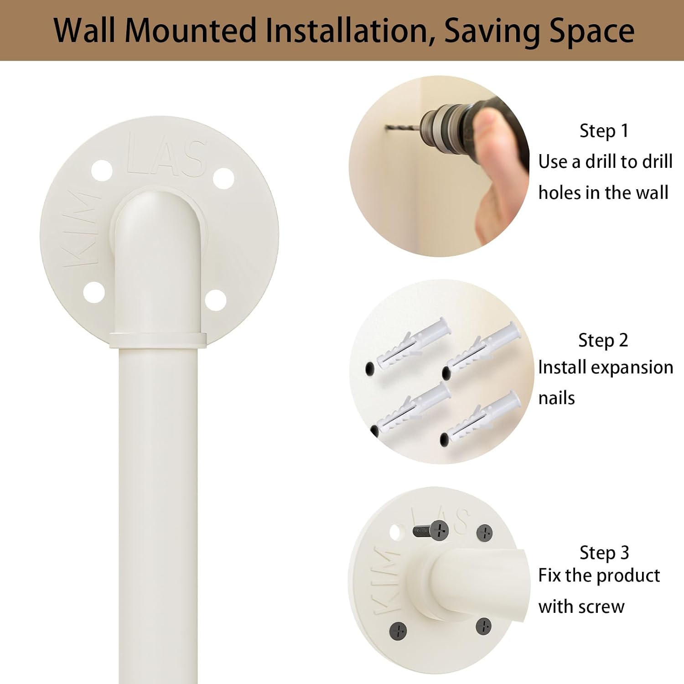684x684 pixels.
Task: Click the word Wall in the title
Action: (x=84, y=30)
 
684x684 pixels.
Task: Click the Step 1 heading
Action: (x=604, y=131)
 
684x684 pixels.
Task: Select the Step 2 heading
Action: (x=603, y=341)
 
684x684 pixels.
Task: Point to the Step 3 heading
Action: (x=604, y=553)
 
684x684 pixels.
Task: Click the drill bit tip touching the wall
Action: (x=387, y=128)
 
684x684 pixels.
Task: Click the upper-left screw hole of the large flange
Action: (x=102, y=171)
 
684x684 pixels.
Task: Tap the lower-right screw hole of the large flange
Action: (x=215, y=300)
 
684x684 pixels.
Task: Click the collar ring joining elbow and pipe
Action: (x=158, y=340)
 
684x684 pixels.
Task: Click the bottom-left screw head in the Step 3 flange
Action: (x=398, y=631)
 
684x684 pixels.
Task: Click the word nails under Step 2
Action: (x=556, y=398)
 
